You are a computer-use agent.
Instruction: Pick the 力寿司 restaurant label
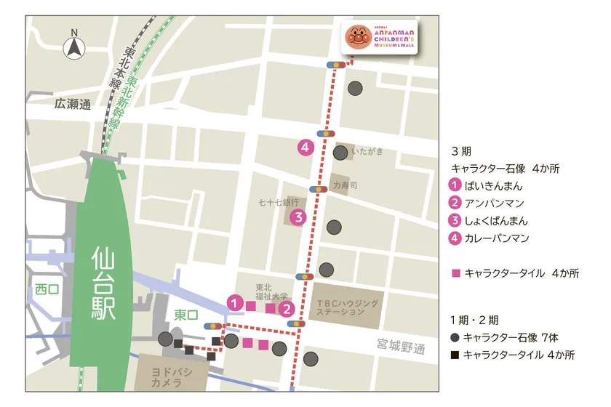click(x=345, y=185)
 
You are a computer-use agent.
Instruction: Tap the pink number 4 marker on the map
click(x=305, y=147)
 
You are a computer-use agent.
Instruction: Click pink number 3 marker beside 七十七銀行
click(x=297, y=217)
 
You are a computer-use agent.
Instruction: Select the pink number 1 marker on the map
click(x=234, y=301)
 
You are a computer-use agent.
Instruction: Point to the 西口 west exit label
click(x=44, y=289)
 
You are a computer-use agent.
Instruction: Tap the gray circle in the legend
click(x=455, y=337)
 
